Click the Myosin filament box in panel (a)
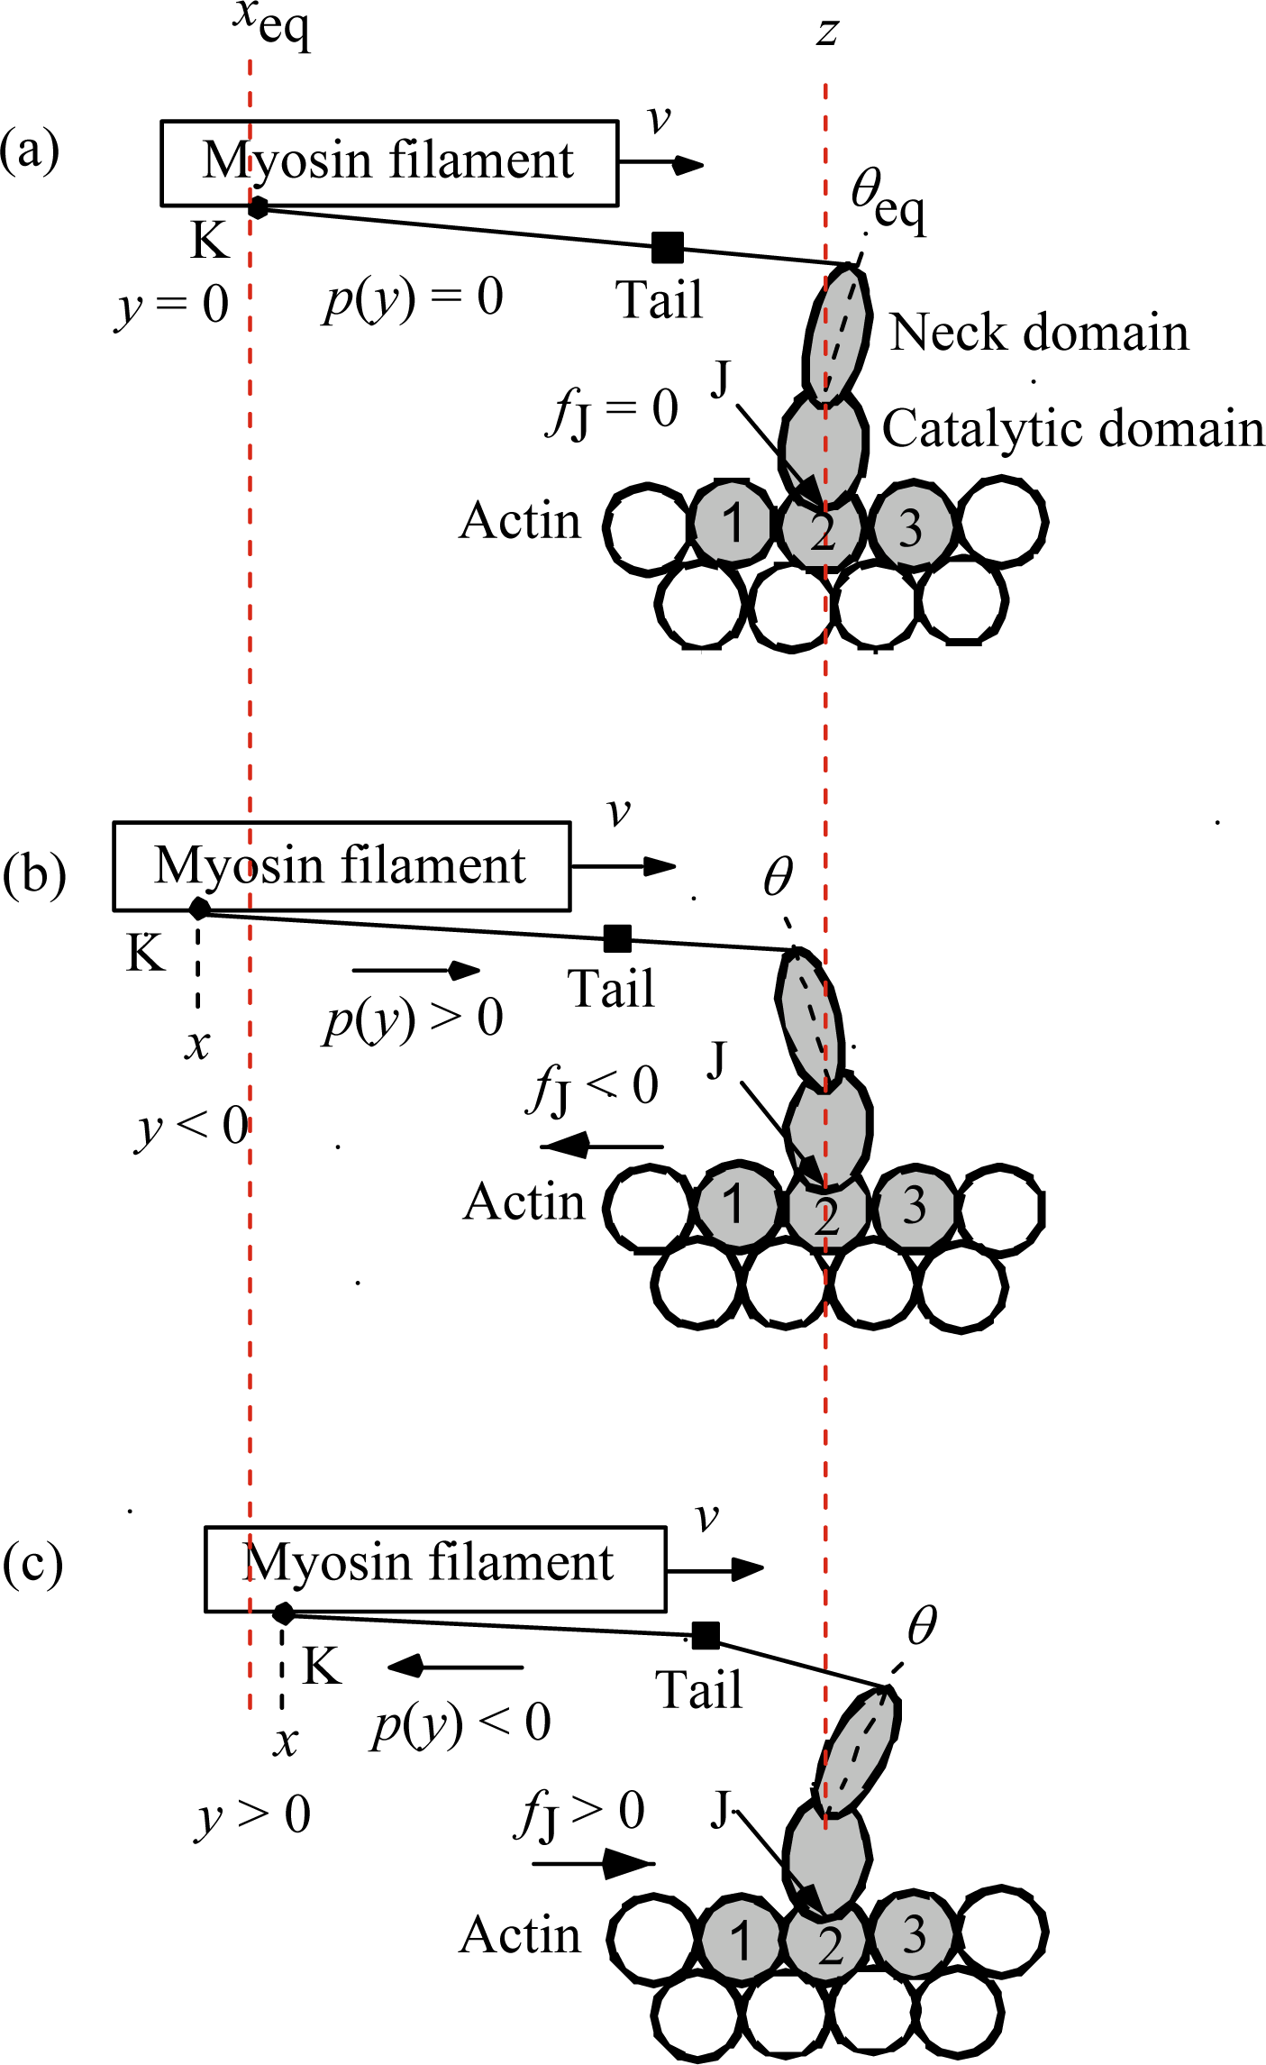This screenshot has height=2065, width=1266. click(389, 163)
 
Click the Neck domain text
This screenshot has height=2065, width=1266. click(1039, 333)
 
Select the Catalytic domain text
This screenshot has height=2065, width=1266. click(1072, 428)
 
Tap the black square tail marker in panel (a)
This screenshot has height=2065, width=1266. click(668, 246)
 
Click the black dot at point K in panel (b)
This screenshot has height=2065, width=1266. click(199, 909)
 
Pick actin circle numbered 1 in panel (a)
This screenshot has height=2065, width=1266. click(733, 524)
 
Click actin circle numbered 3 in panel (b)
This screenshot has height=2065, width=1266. click(914, 1206)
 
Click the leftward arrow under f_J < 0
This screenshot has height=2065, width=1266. click(601, 1147)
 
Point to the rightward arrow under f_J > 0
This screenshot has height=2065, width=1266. click(592, 1862)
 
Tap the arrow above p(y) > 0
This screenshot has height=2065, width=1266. click(415, 971)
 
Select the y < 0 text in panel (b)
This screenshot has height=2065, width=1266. click(192, 1127)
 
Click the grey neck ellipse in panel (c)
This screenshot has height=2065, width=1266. click(857, 1751)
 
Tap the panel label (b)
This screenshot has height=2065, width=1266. click(34, 873)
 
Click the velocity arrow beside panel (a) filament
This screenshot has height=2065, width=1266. click(661, 164)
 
